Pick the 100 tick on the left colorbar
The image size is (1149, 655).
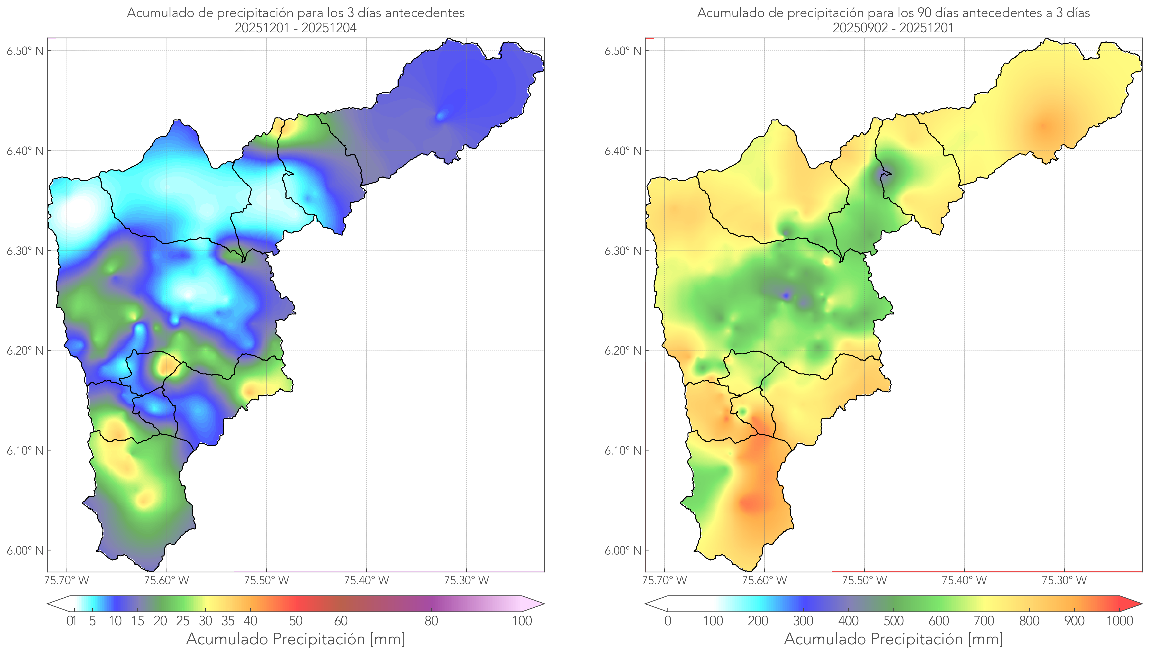point(522,621)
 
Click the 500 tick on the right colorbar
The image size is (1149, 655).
point(893,621)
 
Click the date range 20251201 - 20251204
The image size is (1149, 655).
point(296,28)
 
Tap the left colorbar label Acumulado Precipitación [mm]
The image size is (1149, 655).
point(296,639)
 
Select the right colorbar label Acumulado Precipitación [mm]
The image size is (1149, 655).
point(893,639)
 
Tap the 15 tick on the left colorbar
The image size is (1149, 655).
point(138,621)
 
